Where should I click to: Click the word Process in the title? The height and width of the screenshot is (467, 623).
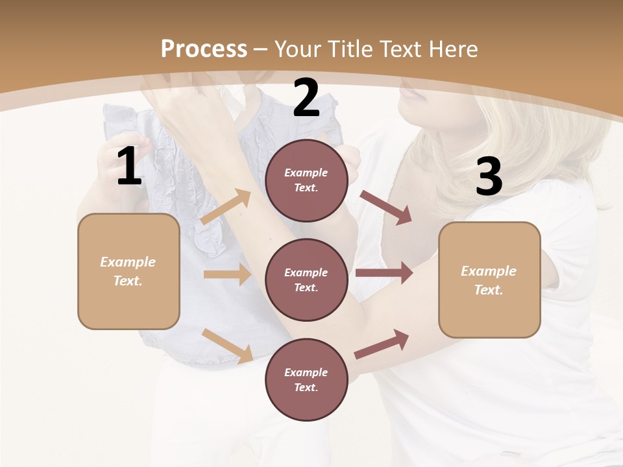pyautogui.click(x=204, y=49)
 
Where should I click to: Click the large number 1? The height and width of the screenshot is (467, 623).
pyautogui.click(x=129, y=167)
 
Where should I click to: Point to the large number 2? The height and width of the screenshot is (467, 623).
pyautogui.click(x=306, y=98)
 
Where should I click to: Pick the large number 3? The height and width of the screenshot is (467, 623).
pyautogui.click(x=489, y=176)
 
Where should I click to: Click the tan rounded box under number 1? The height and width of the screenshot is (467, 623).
pyautogui.click(x=128, y=271)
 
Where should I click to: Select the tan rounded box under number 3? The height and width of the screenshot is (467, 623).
pyautogui.click(x=489, y=280)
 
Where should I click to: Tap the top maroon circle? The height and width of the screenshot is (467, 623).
pyautogui.click(x=306, y=180)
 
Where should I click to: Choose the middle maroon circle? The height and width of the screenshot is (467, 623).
pyautogui.click(x=306, y=280)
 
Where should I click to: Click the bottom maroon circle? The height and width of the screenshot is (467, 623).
pyautogui.click(x=306, y=380)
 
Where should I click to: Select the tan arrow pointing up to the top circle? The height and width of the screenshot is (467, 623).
pyautogui.click(x=226, y=207)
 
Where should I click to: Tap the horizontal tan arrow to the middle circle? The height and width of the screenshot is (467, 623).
pyautogui.click(x=227, y=274)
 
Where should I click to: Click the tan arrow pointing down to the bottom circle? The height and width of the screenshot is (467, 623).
pyautogui.click(x=227, y=346)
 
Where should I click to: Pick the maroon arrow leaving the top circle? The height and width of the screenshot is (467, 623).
pyautogui.click(x=386, y=208)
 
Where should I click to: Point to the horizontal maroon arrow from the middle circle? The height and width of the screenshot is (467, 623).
pyautogui.click(x=384, y=273)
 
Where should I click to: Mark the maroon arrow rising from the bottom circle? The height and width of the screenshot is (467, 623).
pyautogui.click(x=382, y=344)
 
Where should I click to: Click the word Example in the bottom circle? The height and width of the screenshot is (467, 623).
pyautogui.click(x=306, y=372)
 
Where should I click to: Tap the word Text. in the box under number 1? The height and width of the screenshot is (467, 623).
pyautogui.click(x=128, y=281)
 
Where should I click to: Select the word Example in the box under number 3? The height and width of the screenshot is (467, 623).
pyautogui.click(x=489, y=271)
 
